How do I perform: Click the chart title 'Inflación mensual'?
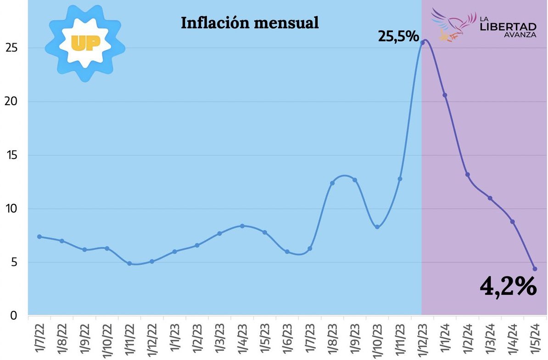[x=250, y=23]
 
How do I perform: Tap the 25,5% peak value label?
[x=398, y=36]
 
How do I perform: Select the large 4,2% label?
[x=508, y=287]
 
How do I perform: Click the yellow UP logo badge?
[x=85, y=43]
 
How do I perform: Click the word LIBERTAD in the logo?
[x=508, y=26]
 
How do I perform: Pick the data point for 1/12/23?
[x=422, y=43]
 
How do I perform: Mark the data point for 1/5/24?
[x=535, y=269]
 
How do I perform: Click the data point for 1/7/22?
[x=39, y=236]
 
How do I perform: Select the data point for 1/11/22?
[x=129, y=264]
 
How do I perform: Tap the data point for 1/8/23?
[x=332, y=183]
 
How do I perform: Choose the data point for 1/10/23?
[x=377, y=227]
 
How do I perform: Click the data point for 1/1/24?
[x=445, y=95]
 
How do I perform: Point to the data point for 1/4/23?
[x=242, y=226]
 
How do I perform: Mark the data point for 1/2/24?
[x=467, y=174]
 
